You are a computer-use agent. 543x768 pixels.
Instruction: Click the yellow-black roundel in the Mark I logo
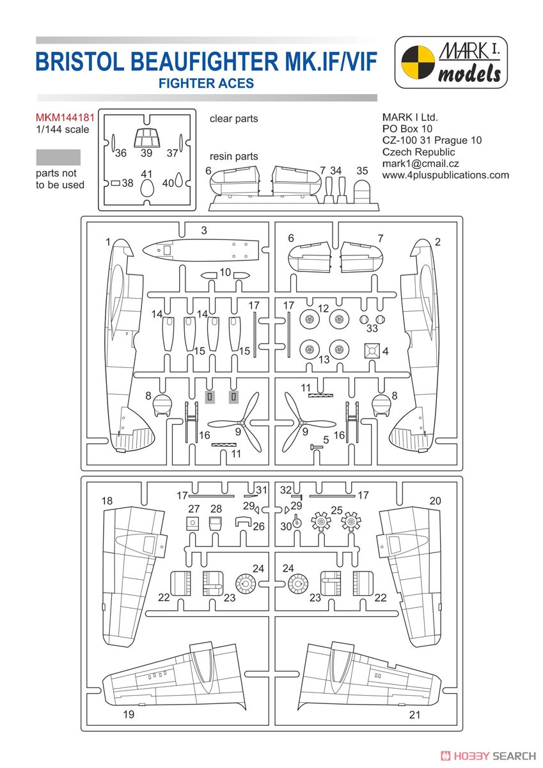click(418, 62)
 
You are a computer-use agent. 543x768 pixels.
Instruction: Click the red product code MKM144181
click(65, 118)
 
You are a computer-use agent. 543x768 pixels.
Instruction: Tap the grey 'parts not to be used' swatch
click(58, 157)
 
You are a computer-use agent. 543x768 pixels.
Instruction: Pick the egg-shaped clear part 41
click(148, 188)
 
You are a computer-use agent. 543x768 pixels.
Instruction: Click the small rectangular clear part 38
click(116, 183)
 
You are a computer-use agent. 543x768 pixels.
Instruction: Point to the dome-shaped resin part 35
click(362, 191)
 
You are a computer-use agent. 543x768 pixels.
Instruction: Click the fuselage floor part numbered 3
click(200, 250)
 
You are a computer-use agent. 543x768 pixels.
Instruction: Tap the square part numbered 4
click(372, 351)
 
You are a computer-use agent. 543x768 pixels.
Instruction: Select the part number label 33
click(372, 328)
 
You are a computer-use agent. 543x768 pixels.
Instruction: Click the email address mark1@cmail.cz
click(420, 164)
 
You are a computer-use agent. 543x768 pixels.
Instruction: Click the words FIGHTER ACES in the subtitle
click(206, 83)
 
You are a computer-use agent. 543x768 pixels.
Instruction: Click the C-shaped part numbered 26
click(244, 522)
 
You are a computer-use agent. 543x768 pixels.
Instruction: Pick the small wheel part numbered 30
click(297, 522)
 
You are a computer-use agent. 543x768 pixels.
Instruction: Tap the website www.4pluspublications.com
click(446, 175)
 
